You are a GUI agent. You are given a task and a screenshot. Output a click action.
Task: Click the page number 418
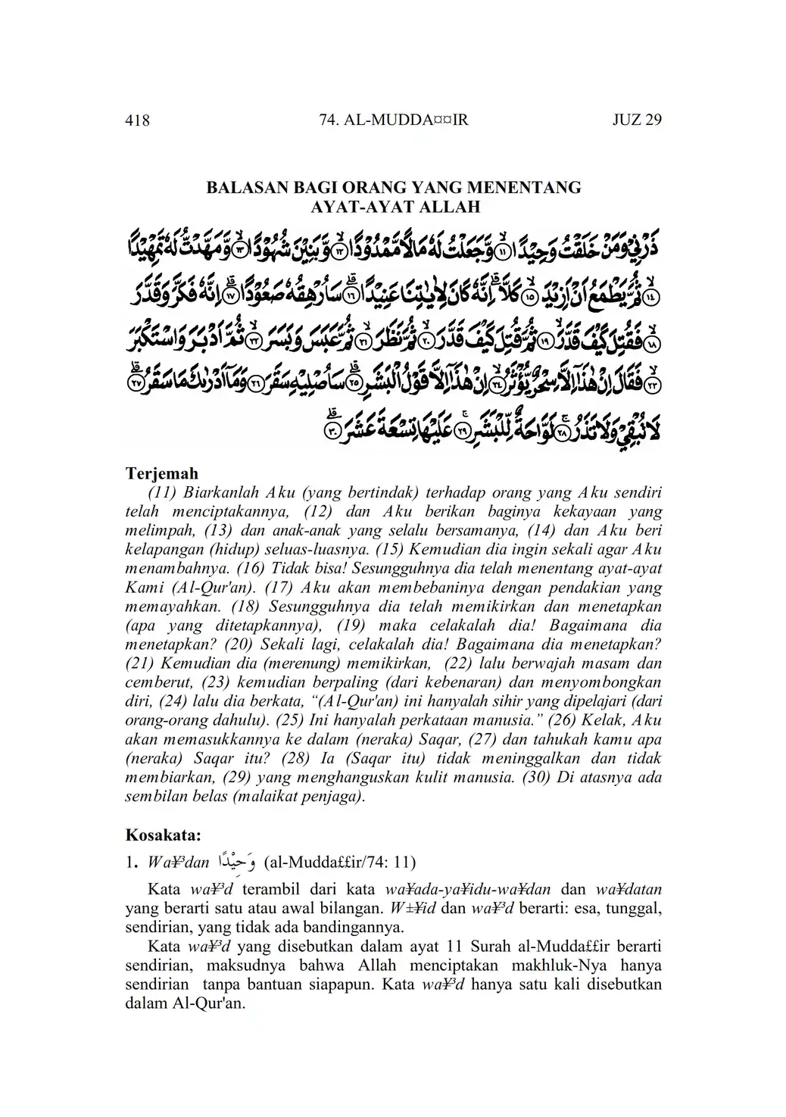point(137,120)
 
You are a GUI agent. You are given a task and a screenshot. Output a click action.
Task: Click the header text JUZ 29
point(637,120)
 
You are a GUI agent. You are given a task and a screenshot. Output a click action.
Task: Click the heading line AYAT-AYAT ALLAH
point(395,206)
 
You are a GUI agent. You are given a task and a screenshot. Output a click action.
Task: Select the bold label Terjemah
point(161,474)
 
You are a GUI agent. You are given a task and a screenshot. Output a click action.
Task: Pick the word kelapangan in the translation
point(162,550)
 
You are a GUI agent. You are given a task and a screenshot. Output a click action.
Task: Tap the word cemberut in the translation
point(156,682)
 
